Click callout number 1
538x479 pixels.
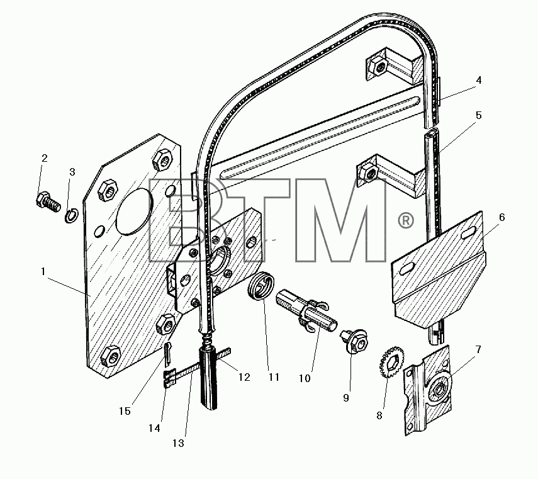pyautogui.click(x=43, y=271)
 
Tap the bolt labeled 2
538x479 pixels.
pyautogui.click(x=48, y=203)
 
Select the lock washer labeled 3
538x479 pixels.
pyautogui.click(x=72, y=216)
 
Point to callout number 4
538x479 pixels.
pyautogui.click(x=479, y=81)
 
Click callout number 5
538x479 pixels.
pyautogui.click(x=479, y=115)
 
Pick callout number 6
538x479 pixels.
pyautogui.click(x=502, y=217)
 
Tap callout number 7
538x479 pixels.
pyautogui.click(x=478, y=349)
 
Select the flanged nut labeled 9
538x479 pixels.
pyautogui.click(x=354, y=341)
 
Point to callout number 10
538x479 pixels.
pyautogui.click(x=305, y=378)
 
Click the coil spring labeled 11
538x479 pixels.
pyautogui.click(x=261, y=286)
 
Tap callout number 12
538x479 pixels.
pyautogui.click(x=244, y=377)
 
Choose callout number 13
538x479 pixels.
pyautogui.click(x=179, y=443)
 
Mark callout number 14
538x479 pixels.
pyautogui.click(x=154, y=428)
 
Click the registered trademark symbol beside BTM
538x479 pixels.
pyautogui.click(x=406, y=221)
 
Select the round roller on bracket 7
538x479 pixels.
pyautogui.click(x=439, y=391)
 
